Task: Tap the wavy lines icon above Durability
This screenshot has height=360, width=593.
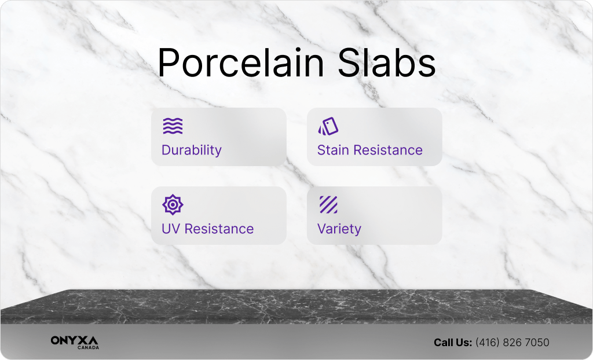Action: click(x=173, y=126)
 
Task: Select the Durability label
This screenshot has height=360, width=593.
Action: click(x=191, y=150)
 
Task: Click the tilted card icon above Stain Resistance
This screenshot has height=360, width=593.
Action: click(x=328, y=126)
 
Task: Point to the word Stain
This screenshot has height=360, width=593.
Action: click(x=333, y=150)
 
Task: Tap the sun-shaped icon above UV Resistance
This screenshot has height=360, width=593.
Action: click(x=173, y=204)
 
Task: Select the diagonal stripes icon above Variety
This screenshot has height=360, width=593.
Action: click(x=328, y=204)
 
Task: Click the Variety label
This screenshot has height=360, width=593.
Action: click(x=339, y=229)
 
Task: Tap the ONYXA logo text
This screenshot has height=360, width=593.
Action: click(x=75, y=340)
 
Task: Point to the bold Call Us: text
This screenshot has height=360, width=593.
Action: click(x=453, y=343)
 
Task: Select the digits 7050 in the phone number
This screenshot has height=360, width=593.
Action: click(x=537, y=343)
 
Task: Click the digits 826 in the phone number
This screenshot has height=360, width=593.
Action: click(x=512, y=343)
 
